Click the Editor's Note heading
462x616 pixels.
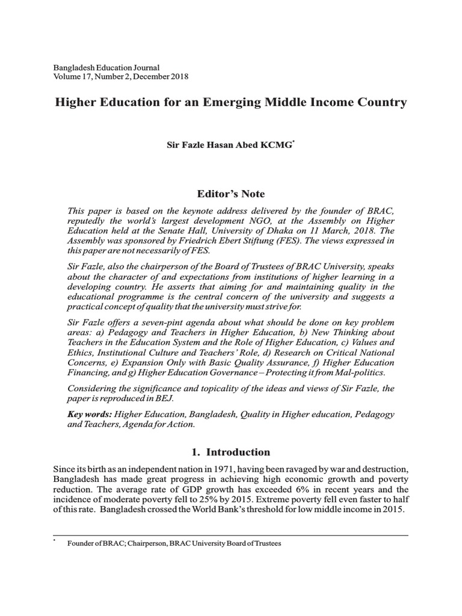click(x=230, y=194)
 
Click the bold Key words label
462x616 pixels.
click(x=90, y=414)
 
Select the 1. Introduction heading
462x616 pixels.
click(x=230, y=452)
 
